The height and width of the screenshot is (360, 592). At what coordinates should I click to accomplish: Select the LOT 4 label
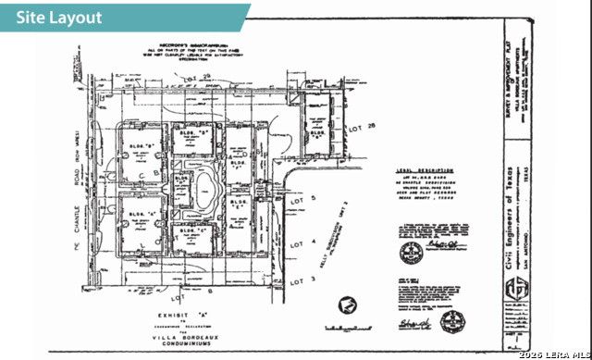click(295, 242)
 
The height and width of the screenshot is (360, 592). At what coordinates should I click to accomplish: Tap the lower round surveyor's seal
click(452, 322)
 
